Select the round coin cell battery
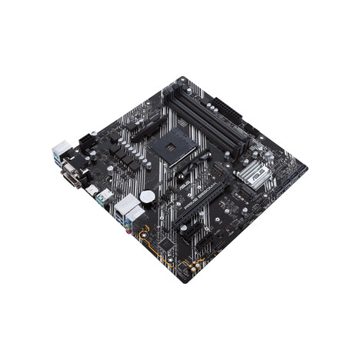147,198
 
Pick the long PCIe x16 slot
197,202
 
